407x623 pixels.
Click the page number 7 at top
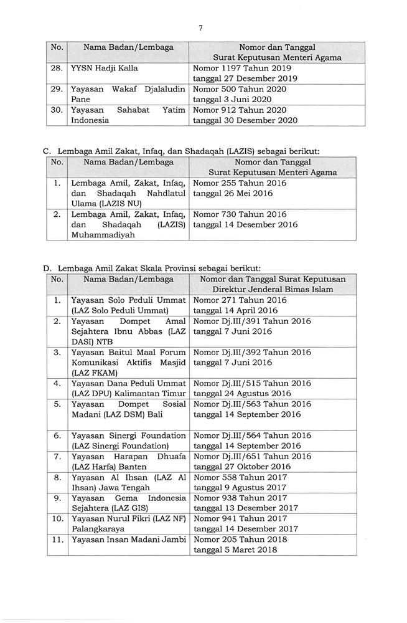coord(201,27)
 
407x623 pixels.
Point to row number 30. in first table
coord(57,110)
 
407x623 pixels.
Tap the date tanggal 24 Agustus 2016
coord(241,394)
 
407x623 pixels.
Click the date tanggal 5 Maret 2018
coord(235,551)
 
